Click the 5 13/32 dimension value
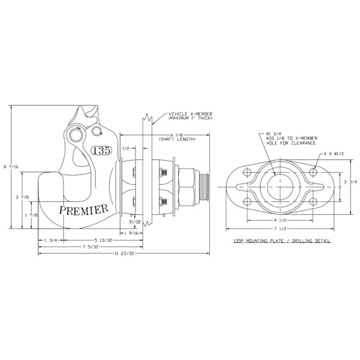104,240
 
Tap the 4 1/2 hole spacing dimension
279,220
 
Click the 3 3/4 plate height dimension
348,182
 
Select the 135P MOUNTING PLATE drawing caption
282,241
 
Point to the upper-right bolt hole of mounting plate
312,173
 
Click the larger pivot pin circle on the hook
76,133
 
